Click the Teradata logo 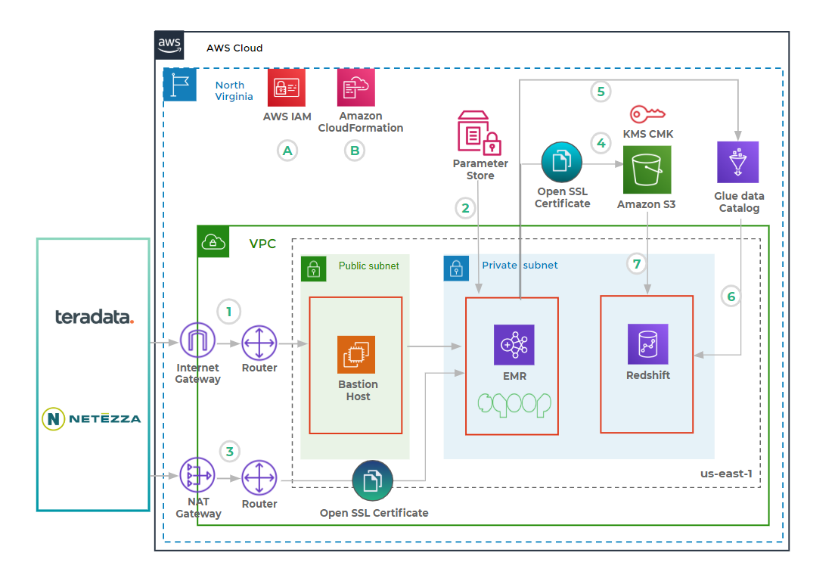click(94, 317)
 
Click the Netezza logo click(92, 418)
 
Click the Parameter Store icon click(480, 132)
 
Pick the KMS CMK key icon click(647, 114)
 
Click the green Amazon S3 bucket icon click(647, 170)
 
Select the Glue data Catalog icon click(737, 162)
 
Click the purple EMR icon click(514, 346)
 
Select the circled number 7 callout click(638, 264)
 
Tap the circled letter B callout click(353, 151)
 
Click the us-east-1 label click(726, 474)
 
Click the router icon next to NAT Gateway click(259, 478)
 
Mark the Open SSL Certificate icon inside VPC click(373, 481)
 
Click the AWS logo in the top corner click(169, 45)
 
